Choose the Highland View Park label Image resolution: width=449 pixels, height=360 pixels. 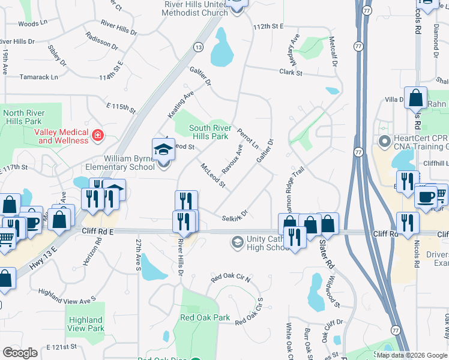click(86, 324)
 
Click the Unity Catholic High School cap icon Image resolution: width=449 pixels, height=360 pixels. click(238, 242)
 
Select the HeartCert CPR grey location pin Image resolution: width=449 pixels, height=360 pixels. click(384, 140)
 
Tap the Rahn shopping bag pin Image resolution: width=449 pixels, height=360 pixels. click(415, 97)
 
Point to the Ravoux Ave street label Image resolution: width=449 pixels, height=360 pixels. click(231, 159)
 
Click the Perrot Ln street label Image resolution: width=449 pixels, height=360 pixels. click(247, 138)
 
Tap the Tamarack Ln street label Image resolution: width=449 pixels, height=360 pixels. click(38, 77)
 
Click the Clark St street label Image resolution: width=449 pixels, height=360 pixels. click(291, 72)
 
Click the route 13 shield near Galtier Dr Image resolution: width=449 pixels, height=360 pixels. click(197, 47)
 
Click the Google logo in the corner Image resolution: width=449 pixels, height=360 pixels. click(20, 352)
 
